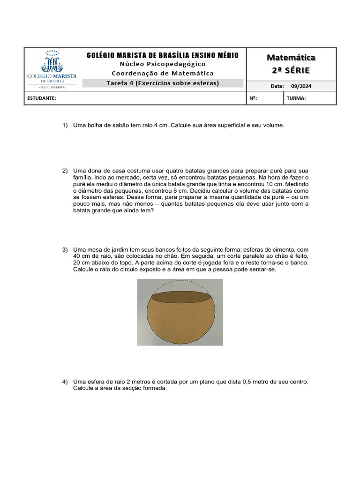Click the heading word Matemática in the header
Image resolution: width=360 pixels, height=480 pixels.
(x=291, y=58)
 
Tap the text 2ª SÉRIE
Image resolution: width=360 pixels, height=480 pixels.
(x=291, y=70)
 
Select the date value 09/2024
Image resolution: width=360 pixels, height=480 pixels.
(x=301, y=86)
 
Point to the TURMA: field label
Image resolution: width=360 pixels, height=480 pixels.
(x=296, y=98)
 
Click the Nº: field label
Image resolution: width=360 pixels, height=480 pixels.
(x=254, y=98)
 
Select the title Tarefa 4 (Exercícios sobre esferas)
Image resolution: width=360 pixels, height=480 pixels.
(x=163, y=83)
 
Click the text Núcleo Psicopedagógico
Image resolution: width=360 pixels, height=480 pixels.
(x=163, y=64)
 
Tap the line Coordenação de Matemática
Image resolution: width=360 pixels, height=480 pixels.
(x=163, y=73)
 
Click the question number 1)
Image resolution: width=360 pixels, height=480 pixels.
(x=65, y=126)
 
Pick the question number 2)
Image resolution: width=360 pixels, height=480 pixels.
(x=65, y=171)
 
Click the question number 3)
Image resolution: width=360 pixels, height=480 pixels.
(x=65, y=250)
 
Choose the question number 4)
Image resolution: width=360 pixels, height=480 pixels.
(x=65, y=382)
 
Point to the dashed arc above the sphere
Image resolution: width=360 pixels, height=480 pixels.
(x=180, y=282)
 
